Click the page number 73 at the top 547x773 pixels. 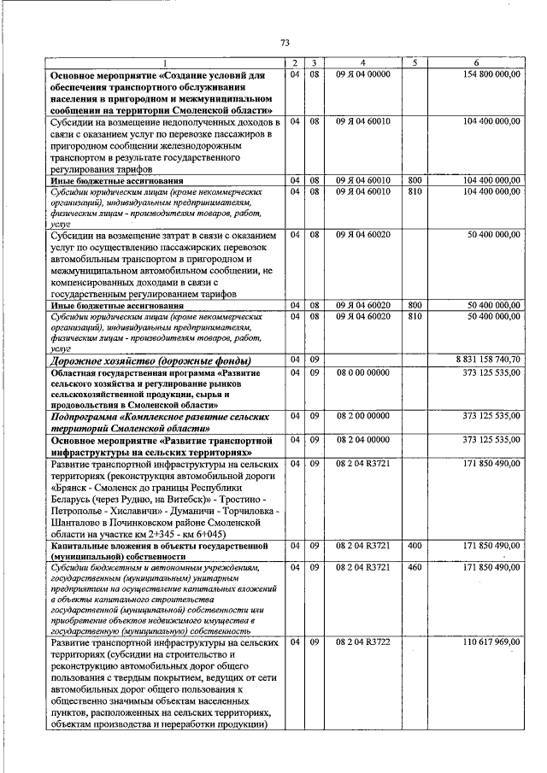[285, 42]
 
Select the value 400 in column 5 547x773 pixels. [414, 544]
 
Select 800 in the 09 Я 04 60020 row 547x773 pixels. [414, 304]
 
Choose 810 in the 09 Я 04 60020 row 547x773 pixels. [414, 316]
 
